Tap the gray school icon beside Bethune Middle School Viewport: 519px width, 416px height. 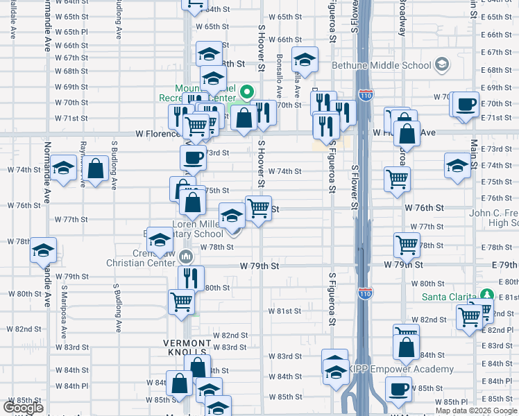(x=441, y=65)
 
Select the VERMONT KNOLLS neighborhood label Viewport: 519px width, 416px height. (x=186, y=343)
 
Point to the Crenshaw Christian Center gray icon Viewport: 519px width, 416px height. (x=185, y=257)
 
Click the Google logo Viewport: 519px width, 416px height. (x=23, y=408)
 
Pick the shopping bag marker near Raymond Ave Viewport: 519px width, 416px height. (x=97, y=168)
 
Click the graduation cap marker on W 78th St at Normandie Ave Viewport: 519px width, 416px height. (x=43, y=250)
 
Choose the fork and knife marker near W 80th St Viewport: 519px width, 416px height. (x=191, y=278)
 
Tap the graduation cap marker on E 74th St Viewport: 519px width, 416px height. (x=457, y=166)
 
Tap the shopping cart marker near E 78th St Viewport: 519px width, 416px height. (x=406, y=244)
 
